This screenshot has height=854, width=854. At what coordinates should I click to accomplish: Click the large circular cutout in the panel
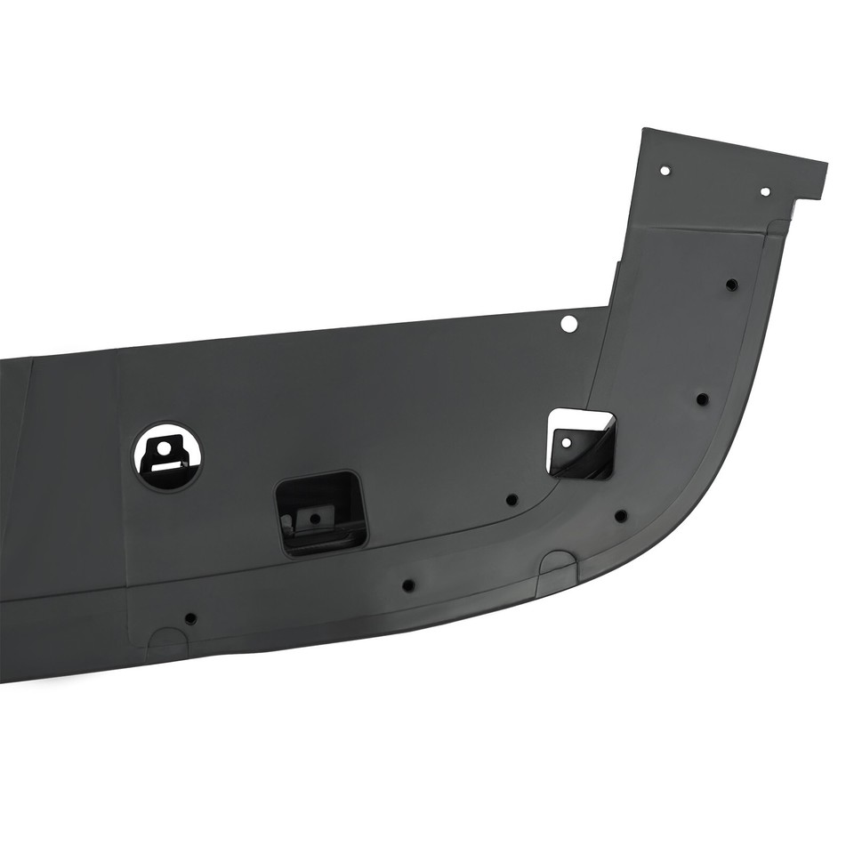coord(167,457)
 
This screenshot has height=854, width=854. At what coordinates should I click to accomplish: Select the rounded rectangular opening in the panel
coord(322,513)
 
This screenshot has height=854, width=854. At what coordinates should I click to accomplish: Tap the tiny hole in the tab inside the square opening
coord(564,441)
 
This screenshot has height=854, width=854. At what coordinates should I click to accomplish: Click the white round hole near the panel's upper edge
coord(568,324)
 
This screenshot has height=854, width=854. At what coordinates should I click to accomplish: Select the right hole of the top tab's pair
coord(765,192)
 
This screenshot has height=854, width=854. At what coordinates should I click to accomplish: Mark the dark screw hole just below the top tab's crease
coord(731,286)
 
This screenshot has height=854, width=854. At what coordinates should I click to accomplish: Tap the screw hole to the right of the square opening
coord(702,399)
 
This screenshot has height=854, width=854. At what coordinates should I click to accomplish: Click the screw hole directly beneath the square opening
coord(621,516)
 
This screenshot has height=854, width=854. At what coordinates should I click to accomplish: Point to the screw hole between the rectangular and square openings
coord(512,500)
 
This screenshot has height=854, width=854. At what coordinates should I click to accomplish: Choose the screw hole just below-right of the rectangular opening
coord(408,586)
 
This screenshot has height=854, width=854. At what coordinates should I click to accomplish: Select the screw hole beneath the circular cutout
coord(190,618)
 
